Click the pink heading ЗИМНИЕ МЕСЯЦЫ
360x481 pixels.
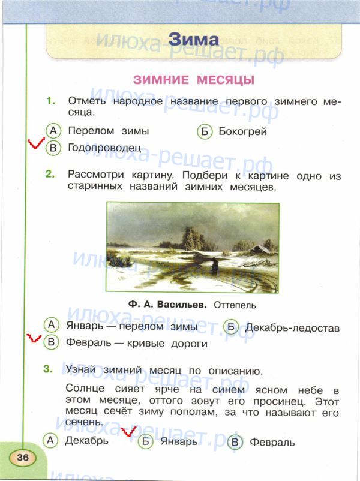tap(193, 80)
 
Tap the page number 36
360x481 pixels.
tap(23, 458)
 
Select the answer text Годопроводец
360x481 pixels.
tap(104, 147)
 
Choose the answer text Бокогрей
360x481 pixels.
tap(242, 131)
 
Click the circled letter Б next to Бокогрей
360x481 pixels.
tap(205, 131)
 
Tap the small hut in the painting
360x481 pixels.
tap(260, 248)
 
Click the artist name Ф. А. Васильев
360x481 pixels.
tap(167, 305)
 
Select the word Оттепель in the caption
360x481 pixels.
tap(234, 305)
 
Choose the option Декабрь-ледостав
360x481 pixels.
tap(292, 328)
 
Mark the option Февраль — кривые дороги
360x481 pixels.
tap(136, 344)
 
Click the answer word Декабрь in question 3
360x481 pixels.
tap(88, 441)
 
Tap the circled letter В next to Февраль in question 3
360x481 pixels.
tap(235, 442)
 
